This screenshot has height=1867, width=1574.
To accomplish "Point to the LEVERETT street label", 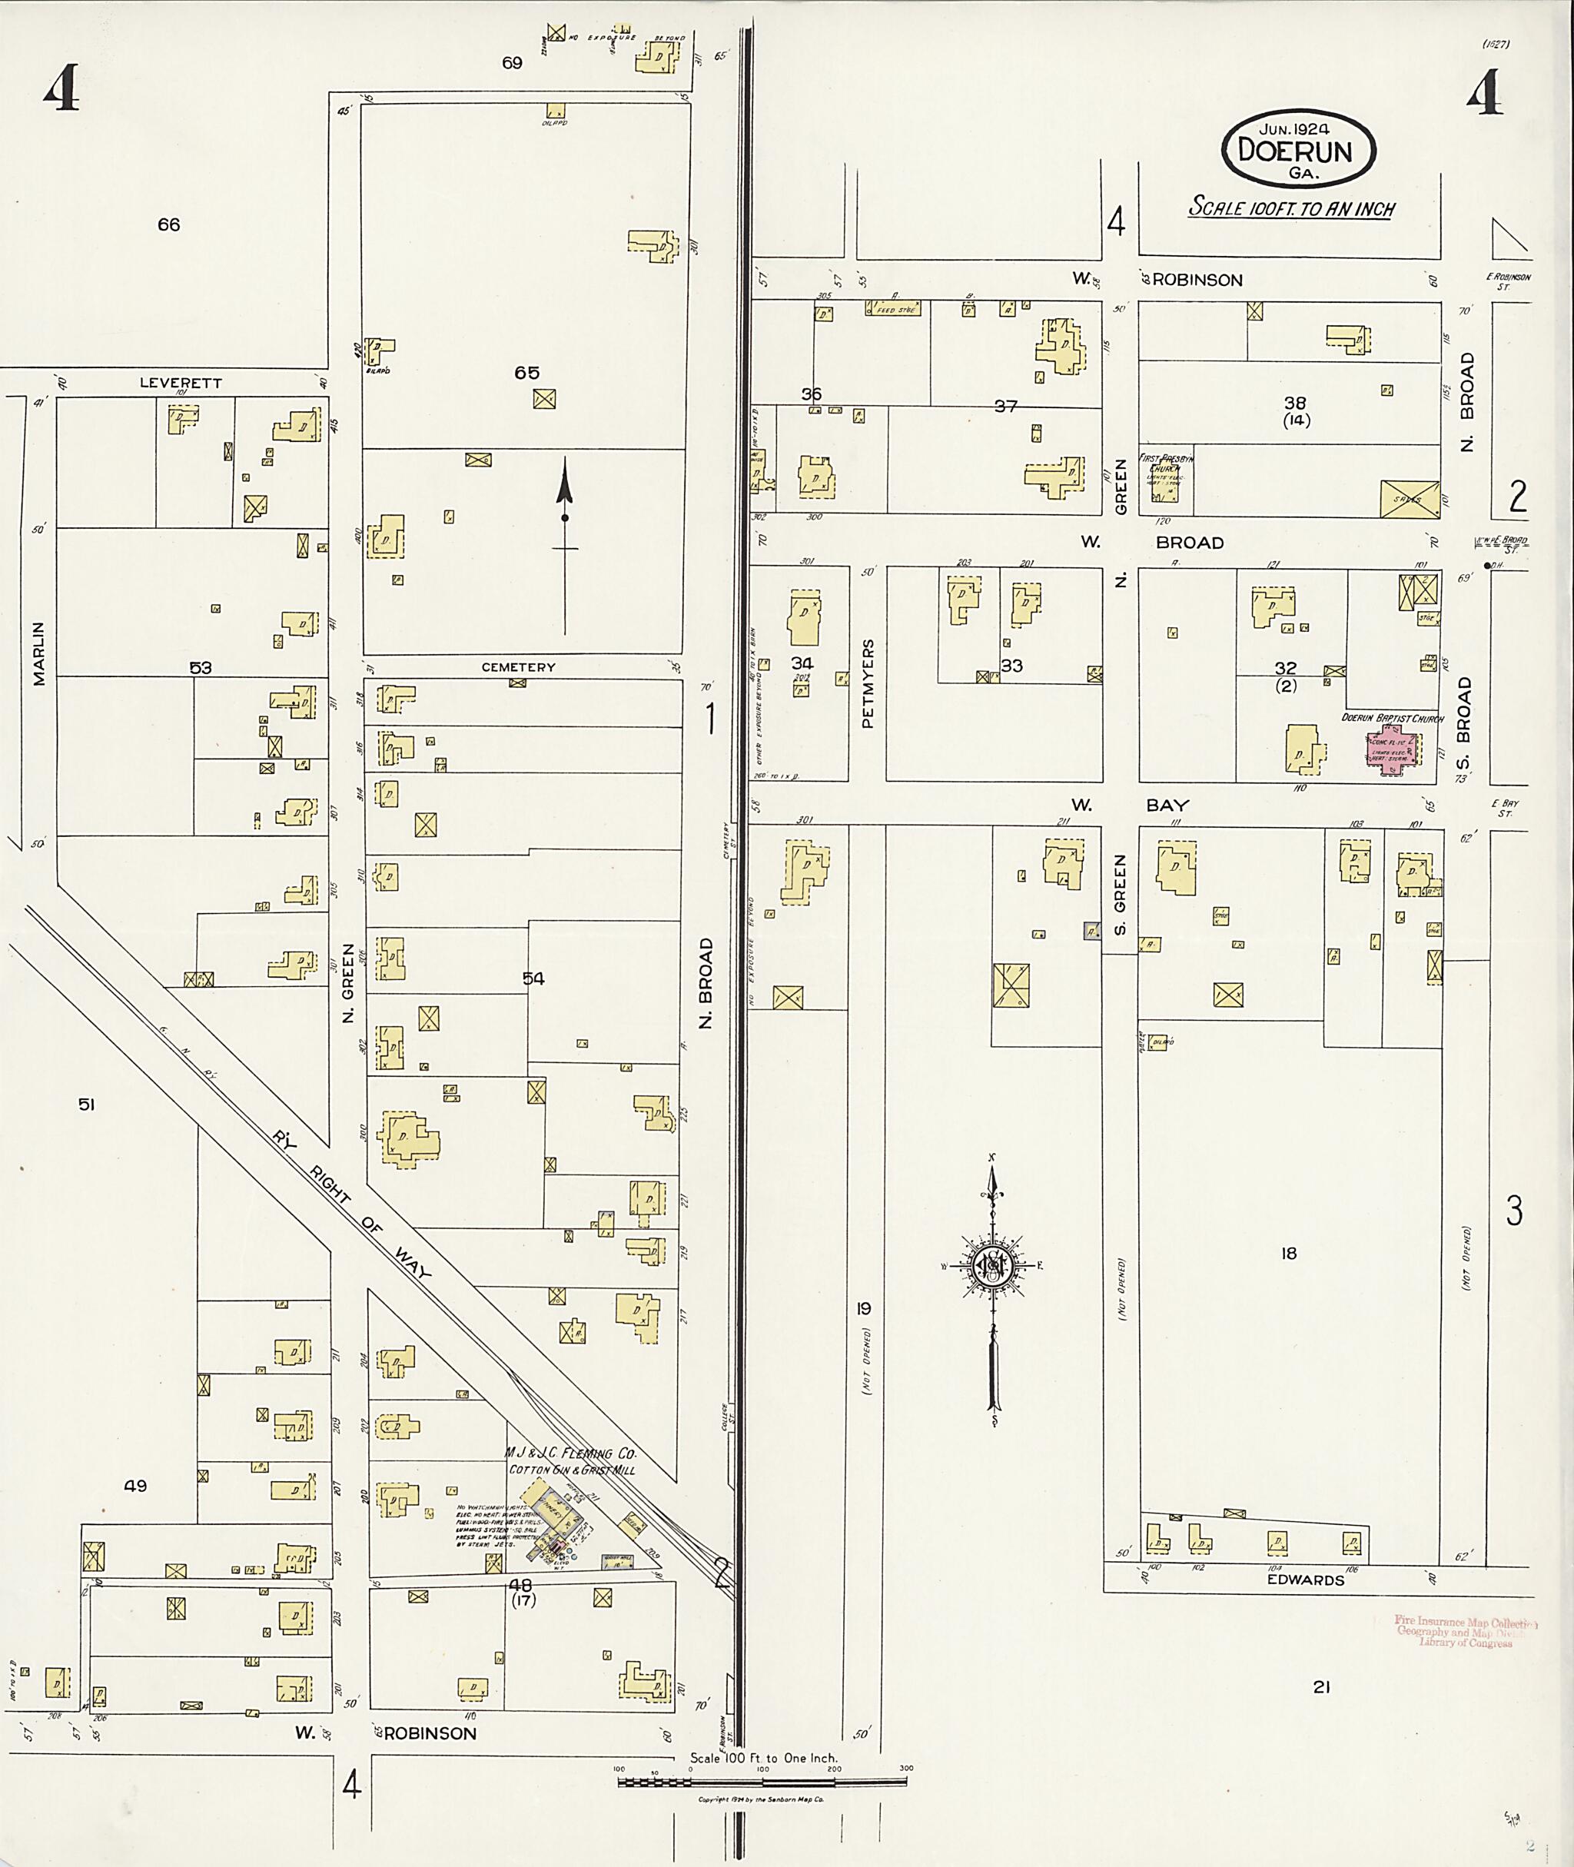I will tap(181, 383).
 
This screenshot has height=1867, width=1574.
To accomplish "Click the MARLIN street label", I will tap(39, 653).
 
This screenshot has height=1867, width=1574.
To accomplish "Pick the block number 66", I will tap(168, 225).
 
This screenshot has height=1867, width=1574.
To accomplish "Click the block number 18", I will tap(1287, 1253).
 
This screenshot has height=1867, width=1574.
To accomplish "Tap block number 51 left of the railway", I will tap(85, 1105).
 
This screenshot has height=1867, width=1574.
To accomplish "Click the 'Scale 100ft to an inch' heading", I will tap(1291, 208).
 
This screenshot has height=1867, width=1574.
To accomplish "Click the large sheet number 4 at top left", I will tap(61, 90).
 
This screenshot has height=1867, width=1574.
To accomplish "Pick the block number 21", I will tap(1321, 1686).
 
